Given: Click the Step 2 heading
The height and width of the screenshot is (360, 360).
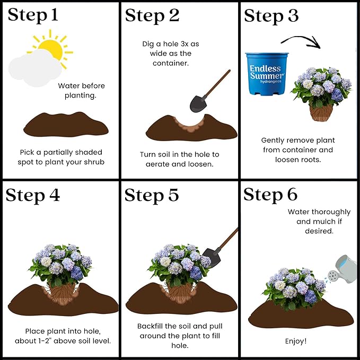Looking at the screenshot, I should [152, 15].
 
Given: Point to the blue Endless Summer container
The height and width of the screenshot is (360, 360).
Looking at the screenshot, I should [267, 73].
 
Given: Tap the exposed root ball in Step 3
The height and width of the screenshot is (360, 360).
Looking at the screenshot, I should [321, 112].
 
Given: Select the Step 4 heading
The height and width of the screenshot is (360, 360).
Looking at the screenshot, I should [32, 195].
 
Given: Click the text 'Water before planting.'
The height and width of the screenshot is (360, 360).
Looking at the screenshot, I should [82, 91].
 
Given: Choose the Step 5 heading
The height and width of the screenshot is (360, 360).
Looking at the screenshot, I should [152, 195].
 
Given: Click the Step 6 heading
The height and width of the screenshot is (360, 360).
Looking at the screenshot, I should [270, 195].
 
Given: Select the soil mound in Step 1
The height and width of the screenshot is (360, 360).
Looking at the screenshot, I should [66, 126].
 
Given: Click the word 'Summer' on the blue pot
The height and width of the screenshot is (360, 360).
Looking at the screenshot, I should [268, 76].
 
